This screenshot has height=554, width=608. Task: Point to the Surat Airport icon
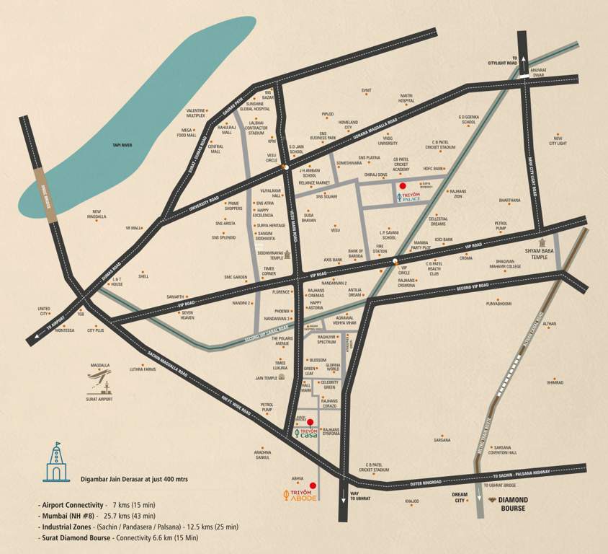[99, 379]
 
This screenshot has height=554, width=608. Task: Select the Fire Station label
[381, 249]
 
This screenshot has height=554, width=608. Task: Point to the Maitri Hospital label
[406, 98]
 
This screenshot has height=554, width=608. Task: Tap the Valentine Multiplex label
[196, 113]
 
